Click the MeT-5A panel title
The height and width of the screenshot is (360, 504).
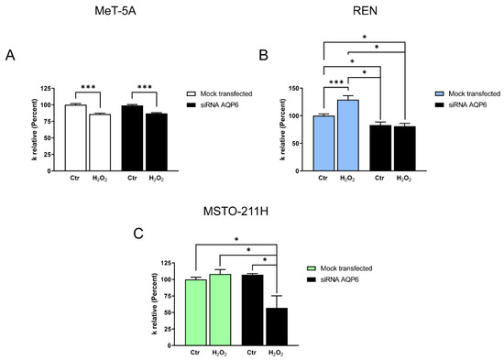point(115,11)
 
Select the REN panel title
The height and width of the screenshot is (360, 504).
point(365,11)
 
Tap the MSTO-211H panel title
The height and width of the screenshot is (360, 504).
point(236,212)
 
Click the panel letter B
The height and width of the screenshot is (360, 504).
point(263,55)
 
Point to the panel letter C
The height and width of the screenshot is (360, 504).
point(137,234)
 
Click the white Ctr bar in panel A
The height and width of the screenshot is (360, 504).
point(75,138)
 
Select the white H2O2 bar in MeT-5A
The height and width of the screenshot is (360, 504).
point(100,142)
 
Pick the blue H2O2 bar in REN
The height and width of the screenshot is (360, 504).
point(348,136)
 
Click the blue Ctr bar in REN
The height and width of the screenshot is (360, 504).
point(323,143)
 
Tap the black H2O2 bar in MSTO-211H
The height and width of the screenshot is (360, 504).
point(277,327)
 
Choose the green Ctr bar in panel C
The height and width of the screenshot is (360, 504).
point(196,312)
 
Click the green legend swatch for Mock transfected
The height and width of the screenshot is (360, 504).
point(312,268)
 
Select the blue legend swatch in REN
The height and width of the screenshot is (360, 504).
point(439,93)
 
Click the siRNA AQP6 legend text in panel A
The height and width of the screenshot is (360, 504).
point(219,104)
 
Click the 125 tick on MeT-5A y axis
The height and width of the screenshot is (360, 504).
point(46,88)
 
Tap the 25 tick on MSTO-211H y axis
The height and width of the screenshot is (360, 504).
point(169,329)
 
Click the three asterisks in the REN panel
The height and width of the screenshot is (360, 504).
point(336,82)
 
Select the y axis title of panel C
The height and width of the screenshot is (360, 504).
point(155,304)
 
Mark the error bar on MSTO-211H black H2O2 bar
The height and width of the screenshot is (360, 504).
point(277,301)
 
